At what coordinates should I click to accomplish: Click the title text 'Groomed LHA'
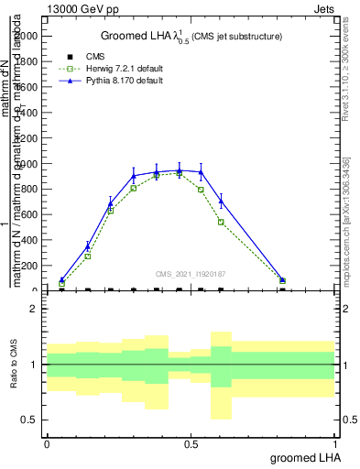click(x=138, y=36)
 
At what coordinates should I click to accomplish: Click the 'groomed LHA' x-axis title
click(x=302, y=457)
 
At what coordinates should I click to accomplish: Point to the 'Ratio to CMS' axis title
click(x=12, y=365)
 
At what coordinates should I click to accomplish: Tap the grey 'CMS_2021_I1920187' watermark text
click(x=190, y=273)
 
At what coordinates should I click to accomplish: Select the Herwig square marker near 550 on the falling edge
click(x=221, y=222)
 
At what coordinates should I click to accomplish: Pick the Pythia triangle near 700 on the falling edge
click(x=221, y=201)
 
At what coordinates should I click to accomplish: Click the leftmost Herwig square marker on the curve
click(x=61, y=284)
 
